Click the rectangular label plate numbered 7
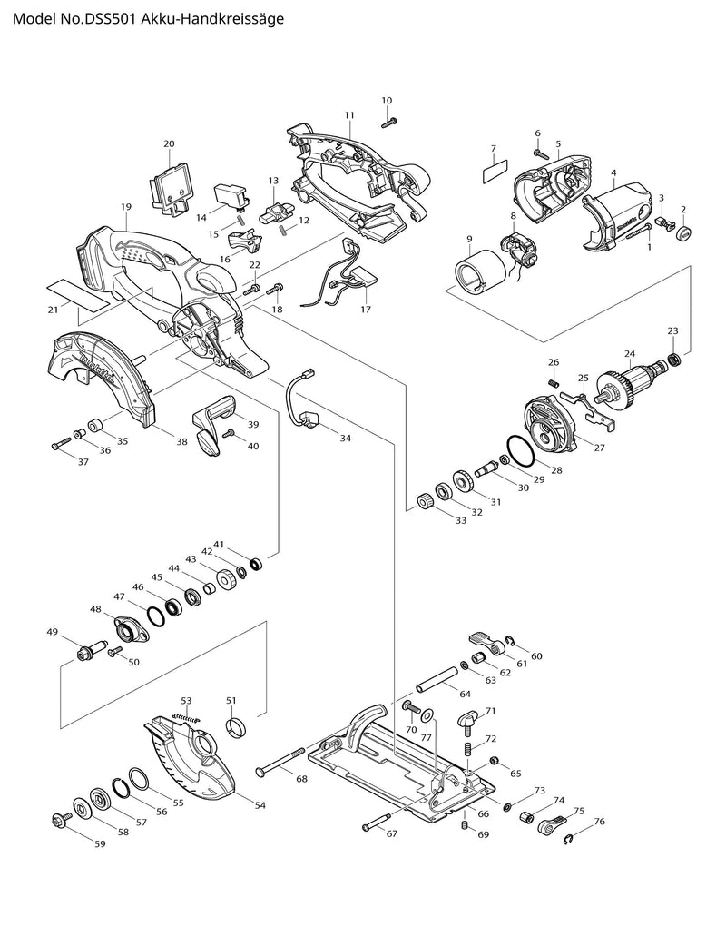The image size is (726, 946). pos(494,169)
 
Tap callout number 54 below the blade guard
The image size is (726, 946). pos(260,805)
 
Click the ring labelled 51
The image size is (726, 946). pos(236,727)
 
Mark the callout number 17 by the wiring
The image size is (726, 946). pos(366,310)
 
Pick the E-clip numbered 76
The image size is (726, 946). pos(569,838)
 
